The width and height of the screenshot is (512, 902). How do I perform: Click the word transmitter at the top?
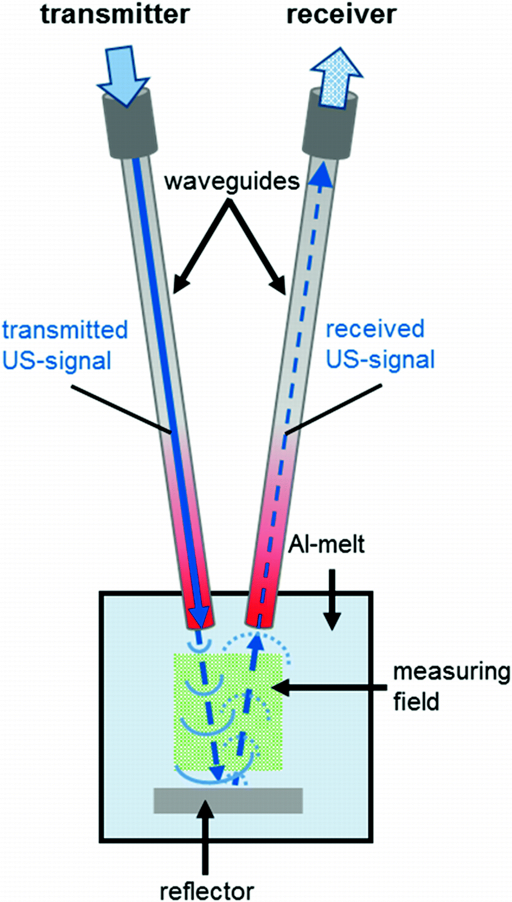pyautogui.click(x=114, y=14)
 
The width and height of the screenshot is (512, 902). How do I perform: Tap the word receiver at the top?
pyautogui.click(x=341, y=14)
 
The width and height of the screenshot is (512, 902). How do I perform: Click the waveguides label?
pyautogui.click(x=231, y=181)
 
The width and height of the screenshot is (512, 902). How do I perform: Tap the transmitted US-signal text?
pyautogui.click(x=64, y=345)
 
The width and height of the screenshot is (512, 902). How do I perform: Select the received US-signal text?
pyautogui.click(x=380, y=344)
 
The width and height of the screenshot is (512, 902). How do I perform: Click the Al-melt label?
pyautogui.click(x=327, y=545)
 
